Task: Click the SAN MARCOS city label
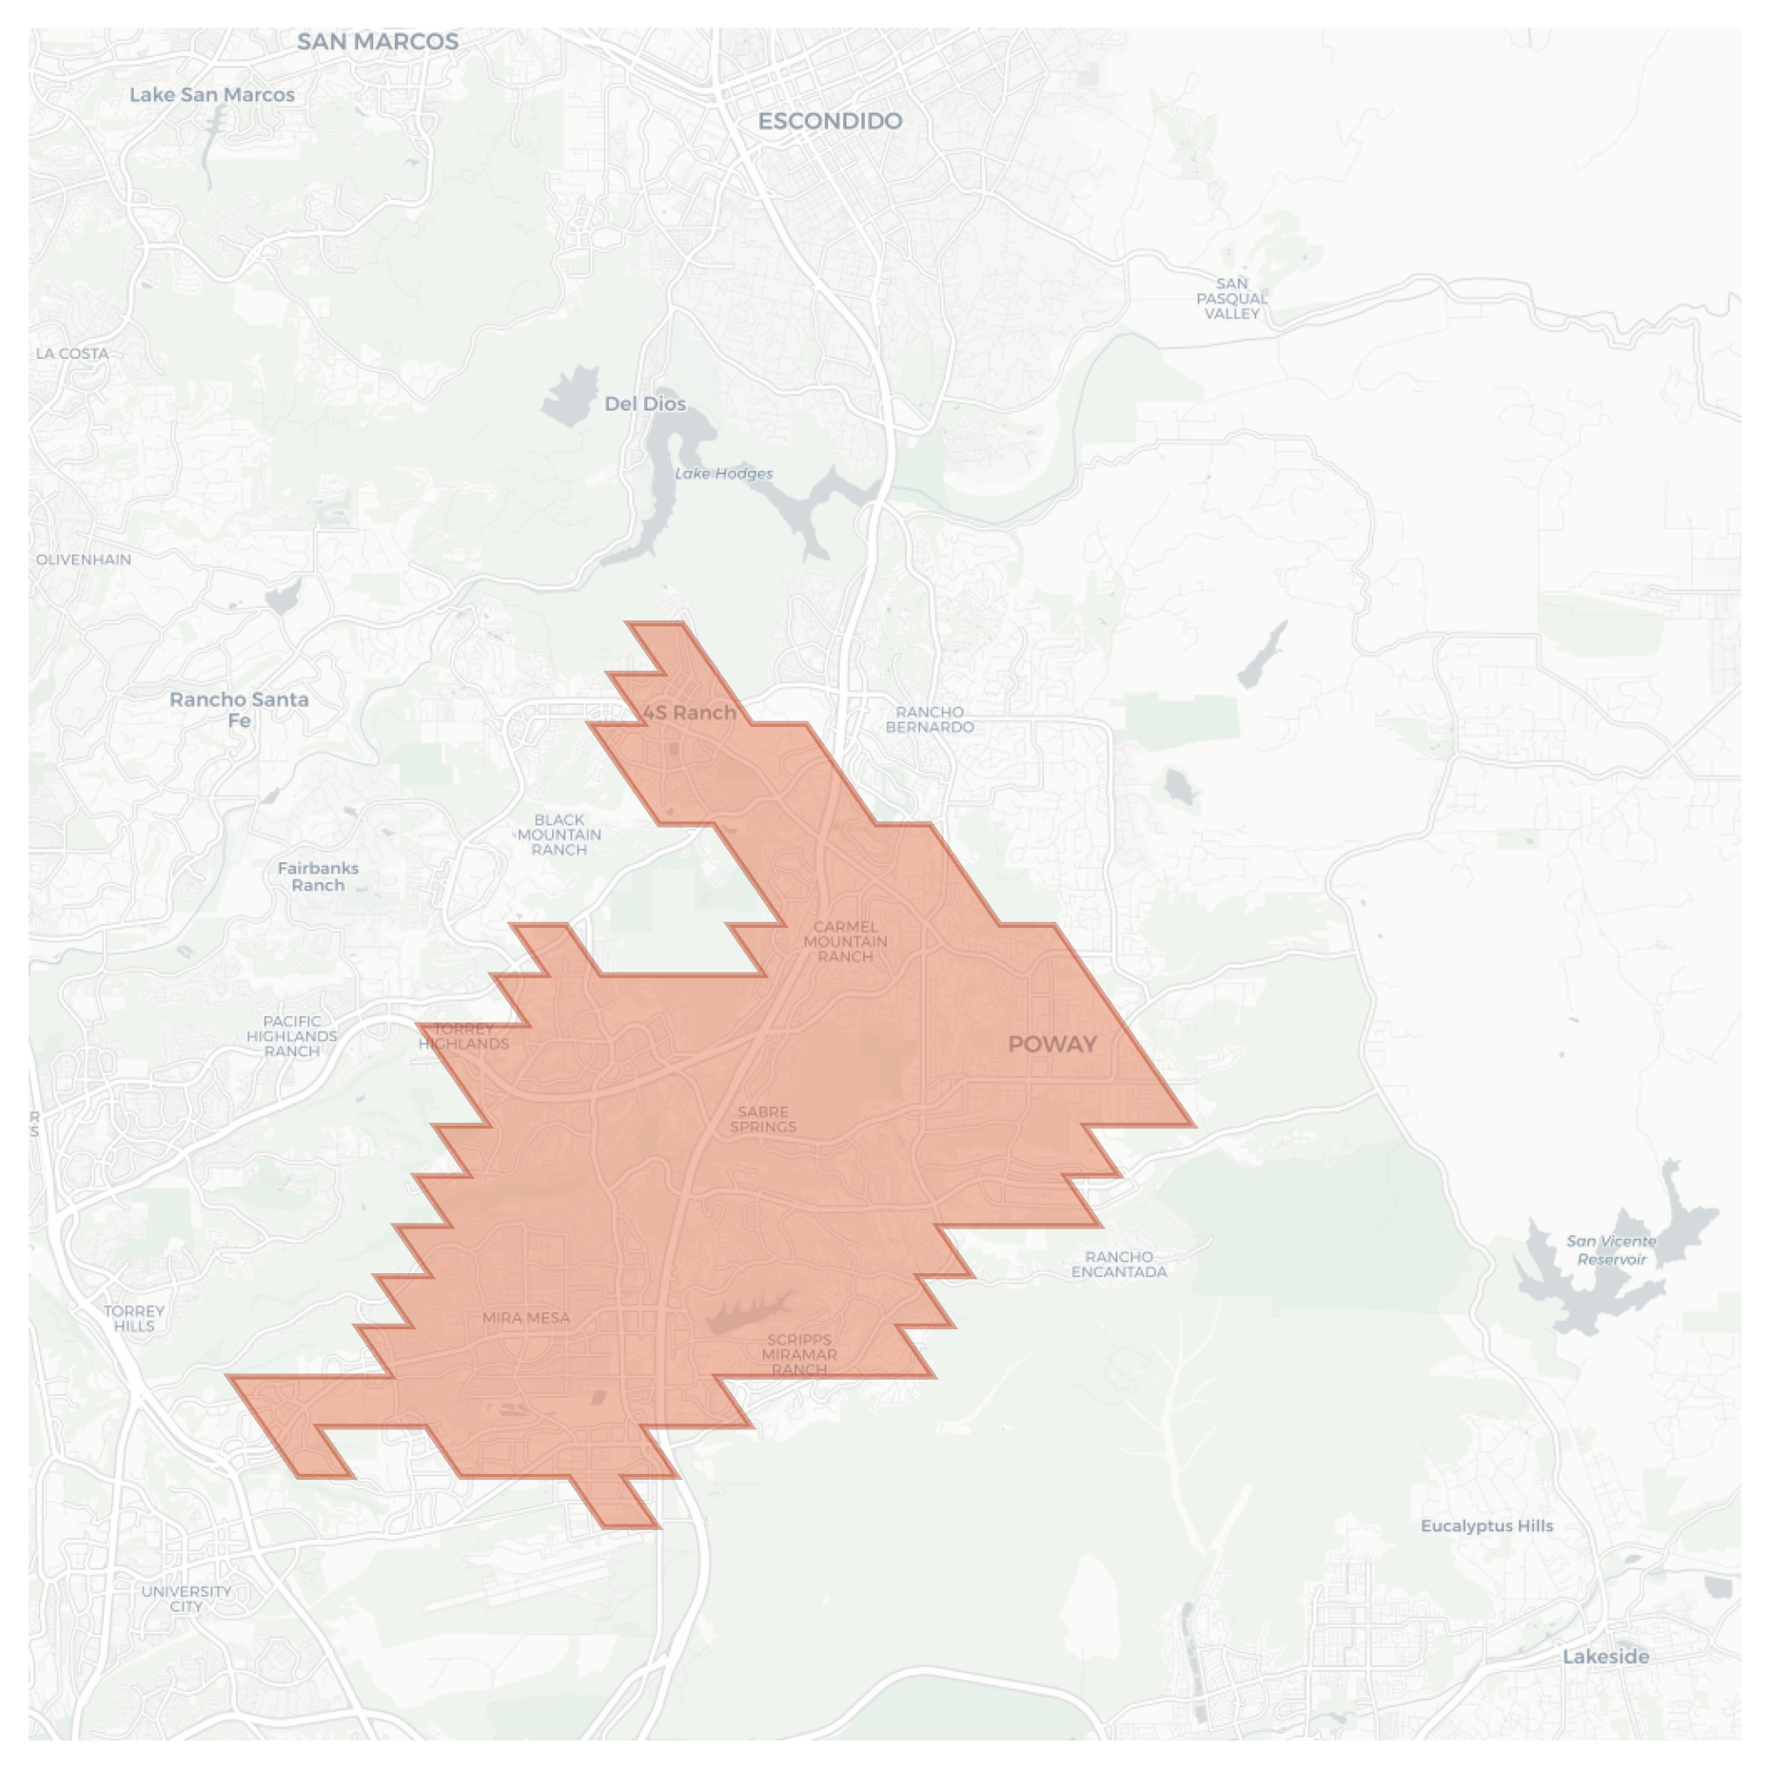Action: [378, 42]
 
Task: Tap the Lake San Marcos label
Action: [211, 95]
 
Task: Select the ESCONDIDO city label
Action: [830, 121]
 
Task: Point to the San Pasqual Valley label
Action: [1231, 299]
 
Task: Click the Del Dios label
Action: [645, 403]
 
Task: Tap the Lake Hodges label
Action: [723, 474]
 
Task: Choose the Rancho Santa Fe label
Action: [239, 709]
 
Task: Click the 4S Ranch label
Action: [689, 713]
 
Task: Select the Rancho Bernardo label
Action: [930, 719]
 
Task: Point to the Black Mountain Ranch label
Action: [560, 835]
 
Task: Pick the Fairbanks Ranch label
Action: [318, 876]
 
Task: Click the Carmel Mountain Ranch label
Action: [845, 941]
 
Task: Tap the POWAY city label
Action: [1052, 1044]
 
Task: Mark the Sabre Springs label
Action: [763, 1119]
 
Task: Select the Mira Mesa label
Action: [526, 1318]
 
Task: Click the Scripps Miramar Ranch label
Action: [799, 1354]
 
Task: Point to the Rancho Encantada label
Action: [1119, 1264]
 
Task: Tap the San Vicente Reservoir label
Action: [1611, 1249]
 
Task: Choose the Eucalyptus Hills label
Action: [1486, 1525]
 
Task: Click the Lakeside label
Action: [1605, 1657]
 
